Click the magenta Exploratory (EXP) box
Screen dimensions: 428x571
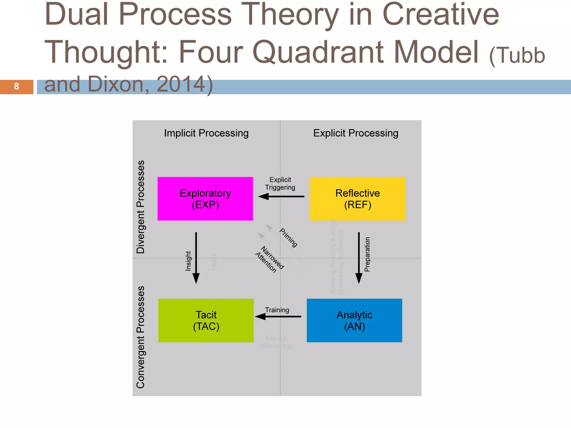[205, 199]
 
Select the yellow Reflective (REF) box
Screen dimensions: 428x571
[357, 199]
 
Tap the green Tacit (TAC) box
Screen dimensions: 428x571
[206, 320]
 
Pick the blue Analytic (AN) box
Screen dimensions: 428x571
[354, 320]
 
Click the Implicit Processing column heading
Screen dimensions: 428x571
[206, 133]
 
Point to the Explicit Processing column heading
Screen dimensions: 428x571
[355, 133]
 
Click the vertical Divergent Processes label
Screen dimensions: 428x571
[141, 207]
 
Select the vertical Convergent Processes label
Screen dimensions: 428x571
[141, 337]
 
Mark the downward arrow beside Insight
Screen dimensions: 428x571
[196, 258]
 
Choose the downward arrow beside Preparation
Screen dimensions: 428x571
[359, 258]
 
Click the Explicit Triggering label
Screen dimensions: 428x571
[280, 183]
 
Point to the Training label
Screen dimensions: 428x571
[277, 310]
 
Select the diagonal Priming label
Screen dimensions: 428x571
[289, 238]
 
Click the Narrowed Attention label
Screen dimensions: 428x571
[269, 260]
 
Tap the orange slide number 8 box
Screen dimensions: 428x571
[16, 87]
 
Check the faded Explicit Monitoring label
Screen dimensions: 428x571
[276, 342]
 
